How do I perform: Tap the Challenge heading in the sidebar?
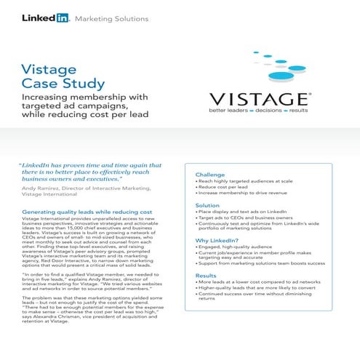pyautogui.click(x=211, y=175)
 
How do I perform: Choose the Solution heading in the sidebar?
pyautogui.click(x=208, y=206)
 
